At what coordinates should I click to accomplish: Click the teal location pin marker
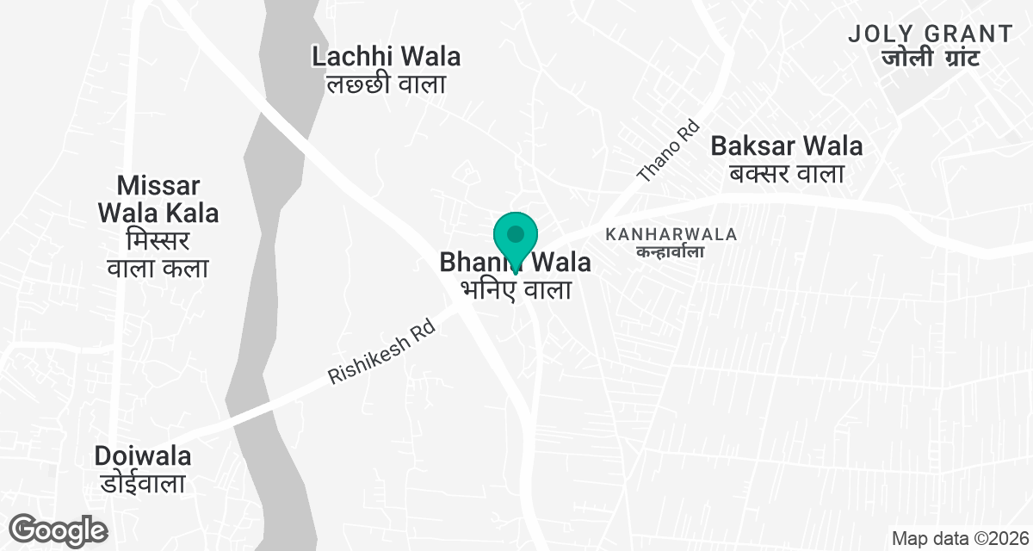coord(516,236)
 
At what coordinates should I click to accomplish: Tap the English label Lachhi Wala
coord(386,57)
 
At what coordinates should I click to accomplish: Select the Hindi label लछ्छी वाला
coord(386,84)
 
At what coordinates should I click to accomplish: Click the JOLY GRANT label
coord(931,34)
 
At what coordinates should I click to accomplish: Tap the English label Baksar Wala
coord(787,145)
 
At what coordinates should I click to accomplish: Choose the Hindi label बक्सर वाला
coord(787,173)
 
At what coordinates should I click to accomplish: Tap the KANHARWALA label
coord(671,234)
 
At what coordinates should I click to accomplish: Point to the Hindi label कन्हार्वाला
coord(671,251)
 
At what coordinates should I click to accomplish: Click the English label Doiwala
coord(143,455)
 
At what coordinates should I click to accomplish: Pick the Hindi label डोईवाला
coord(143,483)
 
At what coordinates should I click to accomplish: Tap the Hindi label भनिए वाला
coord(516,290)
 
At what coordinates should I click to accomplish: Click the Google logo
coord(58,529)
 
